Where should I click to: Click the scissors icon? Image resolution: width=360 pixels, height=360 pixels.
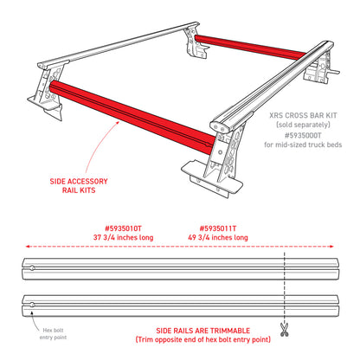(285, 330)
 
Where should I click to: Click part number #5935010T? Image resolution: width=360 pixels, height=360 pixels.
(123, 228)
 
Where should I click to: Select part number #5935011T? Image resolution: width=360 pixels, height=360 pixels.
(218, 228)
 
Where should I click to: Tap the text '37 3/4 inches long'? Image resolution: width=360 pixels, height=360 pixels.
(123, 238)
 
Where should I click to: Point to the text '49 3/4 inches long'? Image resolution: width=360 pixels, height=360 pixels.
(218, 238)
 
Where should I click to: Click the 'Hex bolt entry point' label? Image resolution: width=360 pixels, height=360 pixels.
(53, 334)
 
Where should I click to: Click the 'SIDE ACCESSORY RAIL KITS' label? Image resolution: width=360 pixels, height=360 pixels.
(79, 186)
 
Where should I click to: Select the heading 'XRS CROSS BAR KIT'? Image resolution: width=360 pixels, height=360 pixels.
(303, 115)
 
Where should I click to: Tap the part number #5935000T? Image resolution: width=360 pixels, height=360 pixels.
(303, 135)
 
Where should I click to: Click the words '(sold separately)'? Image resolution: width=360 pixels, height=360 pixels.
(303, 125)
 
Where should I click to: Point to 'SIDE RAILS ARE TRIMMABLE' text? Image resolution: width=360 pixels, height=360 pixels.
(203, 331)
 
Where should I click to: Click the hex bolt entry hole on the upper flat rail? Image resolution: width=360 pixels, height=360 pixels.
(32, 268)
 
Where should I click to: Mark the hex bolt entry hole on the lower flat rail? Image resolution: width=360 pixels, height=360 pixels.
(32, 305)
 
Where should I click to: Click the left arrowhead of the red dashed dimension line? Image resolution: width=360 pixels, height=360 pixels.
(28, 247)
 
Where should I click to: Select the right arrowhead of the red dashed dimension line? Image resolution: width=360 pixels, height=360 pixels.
(331, 247)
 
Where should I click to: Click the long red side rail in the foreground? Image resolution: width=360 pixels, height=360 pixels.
(132, 117)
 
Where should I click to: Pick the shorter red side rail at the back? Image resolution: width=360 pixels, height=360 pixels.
(250, 47)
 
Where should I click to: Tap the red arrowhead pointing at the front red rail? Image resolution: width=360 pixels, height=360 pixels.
(118, 123)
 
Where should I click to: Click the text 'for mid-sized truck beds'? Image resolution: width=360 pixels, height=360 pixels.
(303, 145)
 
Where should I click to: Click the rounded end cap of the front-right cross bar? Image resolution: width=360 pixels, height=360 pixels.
(218, 126)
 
